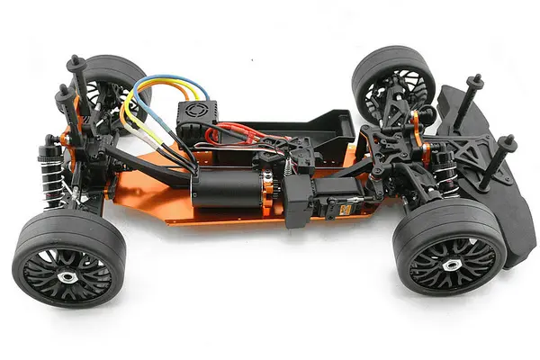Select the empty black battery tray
click(x=315, y=126)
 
